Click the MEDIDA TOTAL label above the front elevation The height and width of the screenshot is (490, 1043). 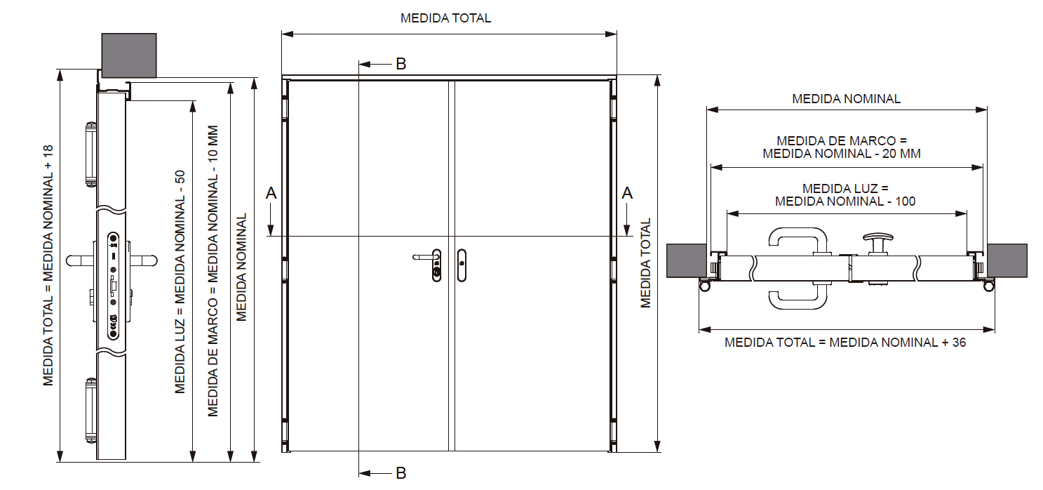[x=445, y=18]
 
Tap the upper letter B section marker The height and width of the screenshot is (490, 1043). [x=401, y=64]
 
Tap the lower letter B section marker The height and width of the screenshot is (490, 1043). [x=401, y=473]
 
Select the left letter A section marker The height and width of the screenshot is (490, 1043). [x=271, y=193]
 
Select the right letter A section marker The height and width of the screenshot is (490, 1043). [x=627, y=193]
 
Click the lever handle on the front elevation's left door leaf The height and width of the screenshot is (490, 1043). [x=424, y=257]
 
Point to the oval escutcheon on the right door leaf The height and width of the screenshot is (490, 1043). [x=462, y=265]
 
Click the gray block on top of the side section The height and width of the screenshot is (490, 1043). [x=129, y=55]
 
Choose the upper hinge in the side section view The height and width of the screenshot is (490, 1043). [x=90, y=154]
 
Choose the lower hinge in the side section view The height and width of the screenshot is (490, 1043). [x=90, y=411]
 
